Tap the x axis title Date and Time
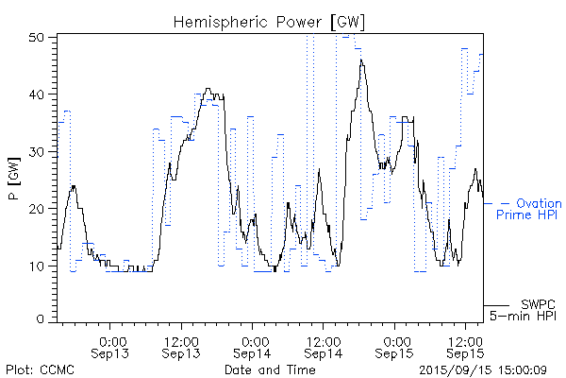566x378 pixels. pyautogui.click(x=270, y=369)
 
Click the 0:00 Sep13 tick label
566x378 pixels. pyautogui.click(x=112, y=346)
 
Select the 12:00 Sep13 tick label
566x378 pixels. pyautogui.click(x=180, y=346)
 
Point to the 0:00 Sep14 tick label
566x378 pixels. pyautogui.click(x=253, y=346)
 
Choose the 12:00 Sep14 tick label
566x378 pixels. pyautogui.click(x=323, y=346)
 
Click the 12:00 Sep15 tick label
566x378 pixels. pyautogui.click(x=464, y=346)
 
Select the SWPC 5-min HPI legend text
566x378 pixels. pyautogui.click(x=527, y=309)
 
